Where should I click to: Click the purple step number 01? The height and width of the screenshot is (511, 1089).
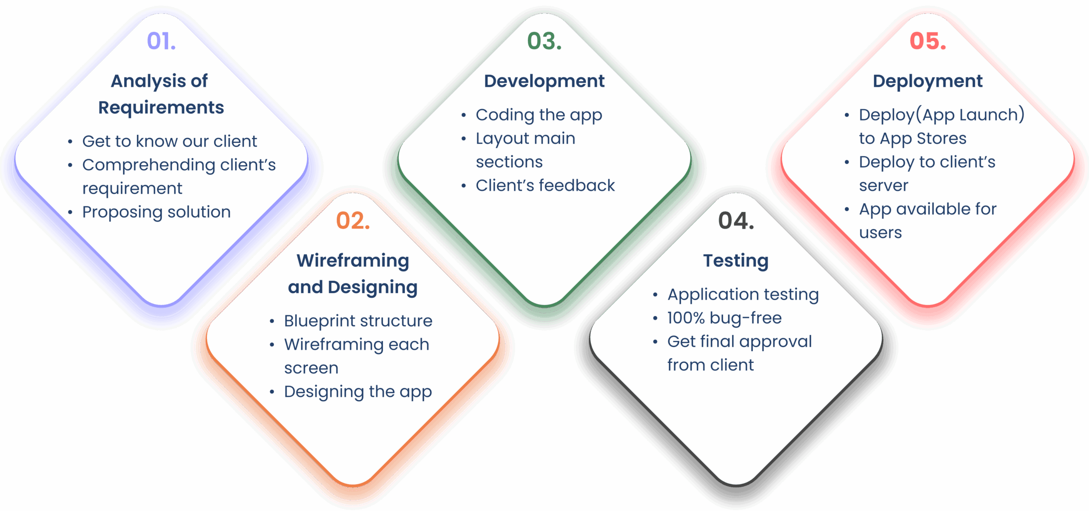(161, 41)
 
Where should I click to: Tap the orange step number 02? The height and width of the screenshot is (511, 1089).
(353, 221)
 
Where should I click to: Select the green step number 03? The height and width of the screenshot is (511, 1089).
(544, 41)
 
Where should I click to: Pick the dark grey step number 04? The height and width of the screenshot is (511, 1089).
(736, 221)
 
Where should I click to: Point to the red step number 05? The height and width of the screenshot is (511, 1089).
(928, 41)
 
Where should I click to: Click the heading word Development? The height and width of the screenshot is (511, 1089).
(544, 81)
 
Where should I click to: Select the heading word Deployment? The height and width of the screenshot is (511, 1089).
(928, 81)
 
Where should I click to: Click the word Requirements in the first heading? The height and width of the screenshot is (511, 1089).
(161, 108)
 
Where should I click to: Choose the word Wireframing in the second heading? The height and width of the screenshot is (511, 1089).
(353, 261)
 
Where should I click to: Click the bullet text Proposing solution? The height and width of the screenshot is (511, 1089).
(157, 212)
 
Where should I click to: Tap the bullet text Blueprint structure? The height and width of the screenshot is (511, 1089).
(358, 321)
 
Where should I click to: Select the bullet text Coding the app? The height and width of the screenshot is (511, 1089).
(539, 115)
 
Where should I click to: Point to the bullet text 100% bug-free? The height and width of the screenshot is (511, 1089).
(724, 318)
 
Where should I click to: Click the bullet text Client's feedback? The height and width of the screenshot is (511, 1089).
(545, 186)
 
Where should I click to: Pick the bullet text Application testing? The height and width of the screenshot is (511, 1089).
(743, 295)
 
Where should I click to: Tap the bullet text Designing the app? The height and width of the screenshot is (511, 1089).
(358, 392)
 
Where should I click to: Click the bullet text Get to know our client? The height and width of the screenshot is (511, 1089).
(170, 141)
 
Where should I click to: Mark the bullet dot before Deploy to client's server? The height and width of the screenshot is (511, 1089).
(847, 163)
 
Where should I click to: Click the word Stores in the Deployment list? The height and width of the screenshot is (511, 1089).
(941, 139)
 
